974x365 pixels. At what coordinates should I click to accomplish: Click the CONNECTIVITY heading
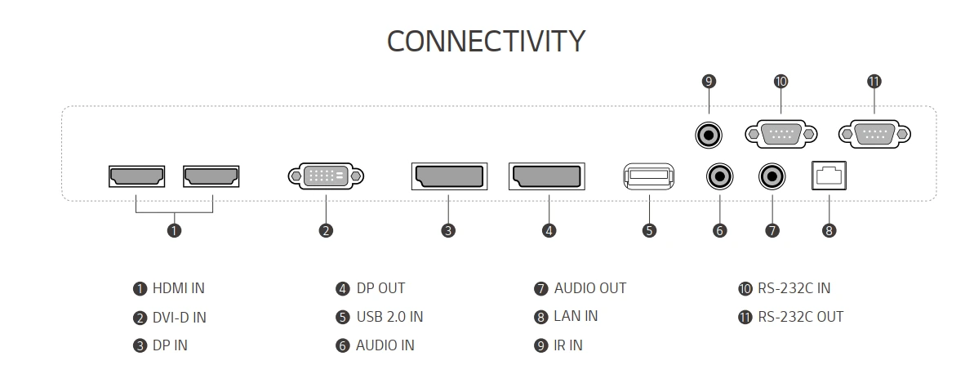click(x=486, y=41)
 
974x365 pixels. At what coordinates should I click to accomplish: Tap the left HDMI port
click(x=136, y=176)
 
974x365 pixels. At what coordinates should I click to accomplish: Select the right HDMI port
click(x=211, y=176)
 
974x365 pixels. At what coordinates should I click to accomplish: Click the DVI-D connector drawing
click(x=326, y=176)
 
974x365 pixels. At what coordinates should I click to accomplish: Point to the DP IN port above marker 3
click(x=447, y=176)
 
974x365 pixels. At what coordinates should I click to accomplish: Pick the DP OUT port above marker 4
click(x=545, y=176)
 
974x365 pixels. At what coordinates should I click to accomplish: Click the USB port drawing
click(x=649, y=176)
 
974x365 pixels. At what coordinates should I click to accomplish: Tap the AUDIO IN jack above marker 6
click(x=719, y=176)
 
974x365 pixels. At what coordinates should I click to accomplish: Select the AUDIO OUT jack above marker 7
click(x=772, y=176)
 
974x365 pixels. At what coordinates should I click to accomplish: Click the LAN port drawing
click(x=829, y=176)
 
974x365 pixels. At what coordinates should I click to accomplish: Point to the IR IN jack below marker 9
click(x=709, y=133)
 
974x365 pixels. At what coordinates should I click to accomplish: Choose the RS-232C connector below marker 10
click(x=781, y=133)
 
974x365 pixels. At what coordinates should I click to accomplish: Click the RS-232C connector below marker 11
click(x=874, y=133)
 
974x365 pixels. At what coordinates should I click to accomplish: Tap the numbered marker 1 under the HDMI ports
click(x=174, y=230)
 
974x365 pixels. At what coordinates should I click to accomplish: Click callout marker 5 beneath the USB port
click(x=649, y=230)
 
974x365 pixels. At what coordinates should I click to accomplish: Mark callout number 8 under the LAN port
click(x=829, y=230)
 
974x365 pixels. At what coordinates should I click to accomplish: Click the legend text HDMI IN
click(x=178, y=288)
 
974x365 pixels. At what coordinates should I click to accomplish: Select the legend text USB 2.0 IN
click(x=389, y=316)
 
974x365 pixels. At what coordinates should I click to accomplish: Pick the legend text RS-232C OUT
click(x=800, y=316)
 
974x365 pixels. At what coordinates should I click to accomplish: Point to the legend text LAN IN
click(x=576, y=316)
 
